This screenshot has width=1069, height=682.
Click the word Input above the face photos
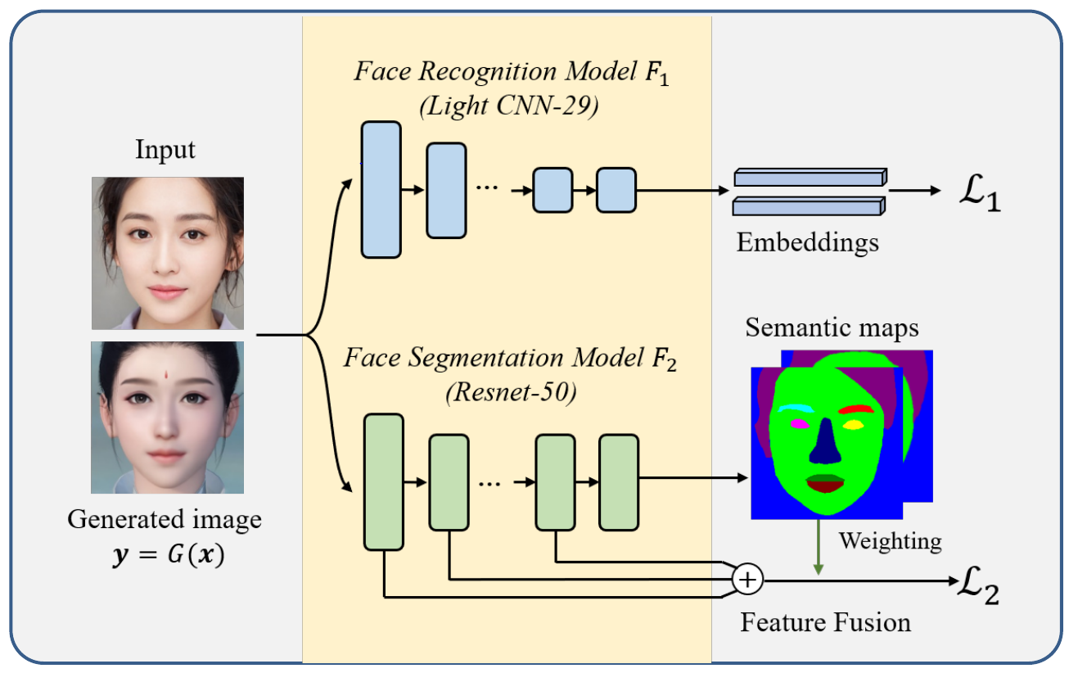(x=166, y=151)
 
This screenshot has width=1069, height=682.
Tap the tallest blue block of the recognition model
(x=381, y=190)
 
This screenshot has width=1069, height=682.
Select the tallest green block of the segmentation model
(x=384, y=481)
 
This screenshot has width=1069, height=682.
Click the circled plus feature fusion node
(x=747, y=580)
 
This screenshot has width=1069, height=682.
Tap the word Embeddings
(x=807, y=242)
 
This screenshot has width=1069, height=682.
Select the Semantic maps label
(x=832, y=328)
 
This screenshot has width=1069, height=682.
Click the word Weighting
(x=890, y=541)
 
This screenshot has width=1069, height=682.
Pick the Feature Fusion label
(x=825, y=622)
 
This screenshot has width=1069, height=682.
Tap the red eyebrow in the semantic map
(x=859, y=409)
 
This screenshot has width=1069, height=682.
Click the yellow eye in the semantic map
(x=854, y=426)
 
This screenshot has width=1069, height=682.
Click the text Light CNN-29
(x=508, y=107)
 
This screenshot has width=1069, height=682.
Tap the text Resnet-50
(x=511, y=393)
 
